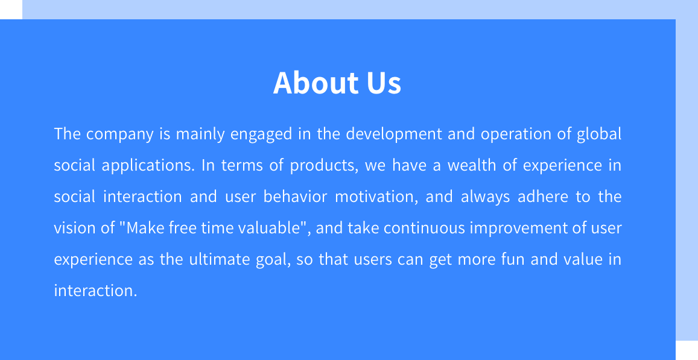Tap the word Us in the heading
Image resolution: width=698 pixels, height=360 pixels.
(x=384, y=83)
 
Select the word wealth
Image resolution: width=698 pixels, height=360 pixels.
(x=471, y=165)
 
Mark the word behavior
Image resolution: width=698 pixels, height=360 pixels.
(x=295, y=197)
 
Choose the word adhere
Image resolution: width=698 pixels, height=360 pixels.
(x=542, y=197)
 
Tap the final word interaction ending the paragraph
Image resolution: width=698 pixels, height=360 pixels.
(x=95, y=291)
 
